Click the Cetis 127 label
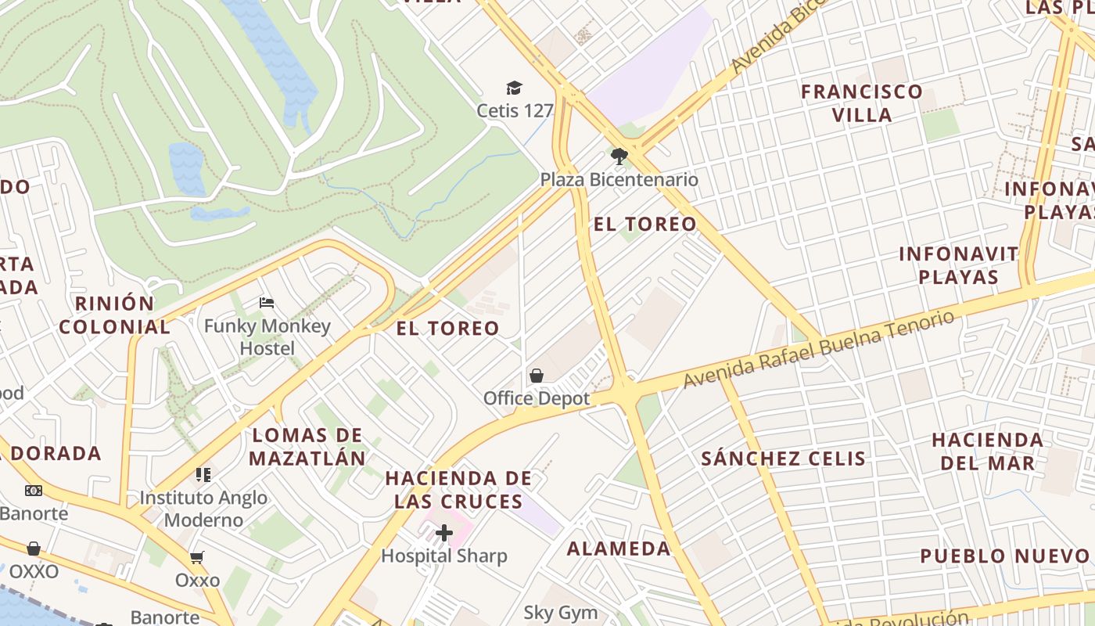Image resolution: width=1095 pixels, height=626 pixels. [515, 110]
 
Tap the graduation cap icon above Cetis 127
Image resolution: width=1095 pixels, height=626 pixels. [514, 88]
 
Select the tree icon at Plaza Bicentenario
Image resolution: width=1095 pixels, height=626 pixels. [619, 156]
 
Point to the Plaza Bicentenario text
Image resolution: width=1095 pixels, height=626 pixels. [619, 180]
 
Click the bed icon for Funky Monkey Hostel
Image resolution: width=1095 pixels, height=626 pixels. [267, 303]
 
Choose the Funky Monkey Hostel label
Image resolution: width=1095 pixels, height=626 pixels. [267, 336]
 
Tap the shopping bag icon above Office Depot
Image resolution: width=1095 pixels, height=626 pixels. [537, 376]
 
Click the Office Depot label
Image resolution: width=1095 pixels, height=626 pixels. [537, 398]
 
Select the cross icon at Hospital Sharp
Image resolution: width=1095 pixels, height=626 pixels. [444, 534]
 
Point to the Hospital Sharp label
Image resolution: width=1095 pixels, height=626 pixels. [444, 556]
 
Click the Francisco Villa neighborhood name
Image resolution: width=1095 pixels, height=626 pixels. [862, 103]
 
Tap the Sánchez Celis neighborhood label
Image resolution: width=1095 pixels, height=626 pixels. [784, 459]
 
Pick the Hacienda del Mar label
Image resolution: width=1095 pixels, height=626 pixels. [987, 451]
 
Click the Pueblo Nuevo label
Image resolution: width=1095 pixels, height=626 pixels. [1004, 556]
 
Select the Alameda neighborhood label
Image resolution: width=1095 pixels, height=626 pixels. [619, 549]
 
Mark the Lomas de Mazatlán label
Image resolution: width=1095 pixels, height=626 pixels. [308, 447]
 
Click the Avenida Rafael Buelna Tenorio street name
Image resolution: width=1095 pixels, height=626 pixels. [819, 348]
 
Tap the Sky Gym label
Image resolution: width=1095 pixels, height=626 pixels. [561, 613]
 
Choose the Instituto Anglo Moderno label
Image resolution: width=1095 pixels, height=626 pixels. [203, 509]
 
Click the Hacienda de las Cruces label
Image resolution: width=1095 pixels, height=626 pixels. [458, 489]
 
